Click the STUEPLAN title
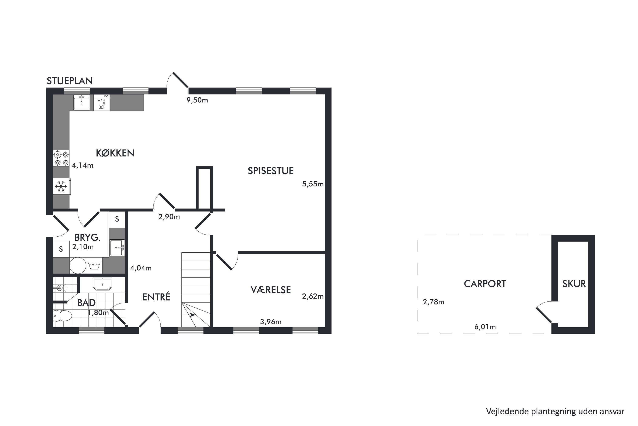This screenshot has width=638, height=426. point(70,81)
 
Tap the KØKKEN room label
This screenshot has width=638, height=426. point(115,153)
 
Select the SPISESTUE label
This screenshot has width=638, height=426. point(271,171)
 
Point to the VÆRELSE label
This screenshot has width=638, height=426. point(271,290)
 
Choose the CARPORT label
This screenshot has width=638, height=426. point(485,284)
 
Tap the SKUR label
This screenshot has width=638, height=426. point(574,284)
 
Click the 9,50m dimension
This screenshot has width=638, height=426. point(197,100)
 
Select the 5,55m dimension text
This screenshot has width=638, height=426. point(313,184)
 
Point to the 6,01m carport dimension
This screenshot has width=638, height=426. point(485,327)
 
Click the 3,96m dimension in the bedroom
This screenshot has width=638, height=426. point(271,322)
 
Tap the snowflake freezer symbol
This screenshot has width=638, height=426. point(61,186)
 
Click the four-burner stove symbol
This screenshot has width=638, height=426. point(61,158)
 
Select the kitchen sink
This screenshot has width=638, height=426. point(82,102)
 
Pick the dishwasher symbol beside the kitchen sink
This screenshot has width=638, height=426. point(102,103)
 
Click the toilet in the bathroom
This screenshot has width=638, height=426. point(62,316)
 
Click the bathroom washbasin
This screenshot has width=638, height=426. point(103,284)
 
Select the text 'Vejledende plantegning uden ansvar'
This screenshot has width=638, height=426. point(555,411)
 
